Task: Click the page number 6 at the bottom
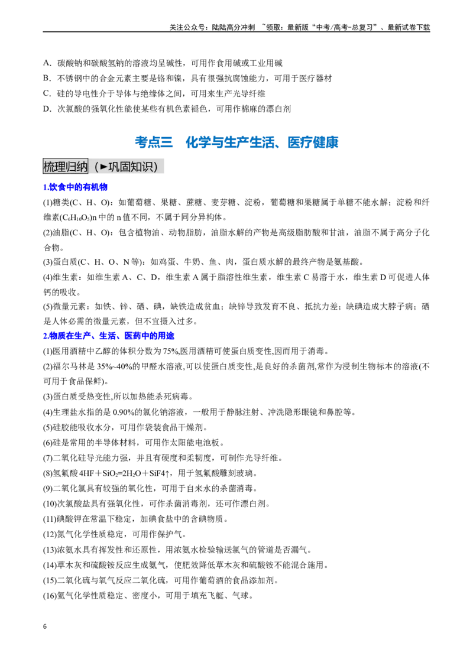45,626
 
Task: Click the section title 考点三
154,142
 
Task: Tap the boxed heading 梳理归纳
65,167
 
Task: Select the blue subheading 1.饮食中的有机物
75,187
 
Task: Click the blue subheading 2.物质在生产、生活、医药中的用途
109,336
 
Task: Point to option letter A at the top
47,63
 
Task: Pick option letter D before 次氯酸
47,109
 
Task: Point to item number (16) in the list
50,596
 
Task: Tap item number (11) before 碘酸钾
50,519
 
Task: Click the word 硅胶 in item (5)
61,427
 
